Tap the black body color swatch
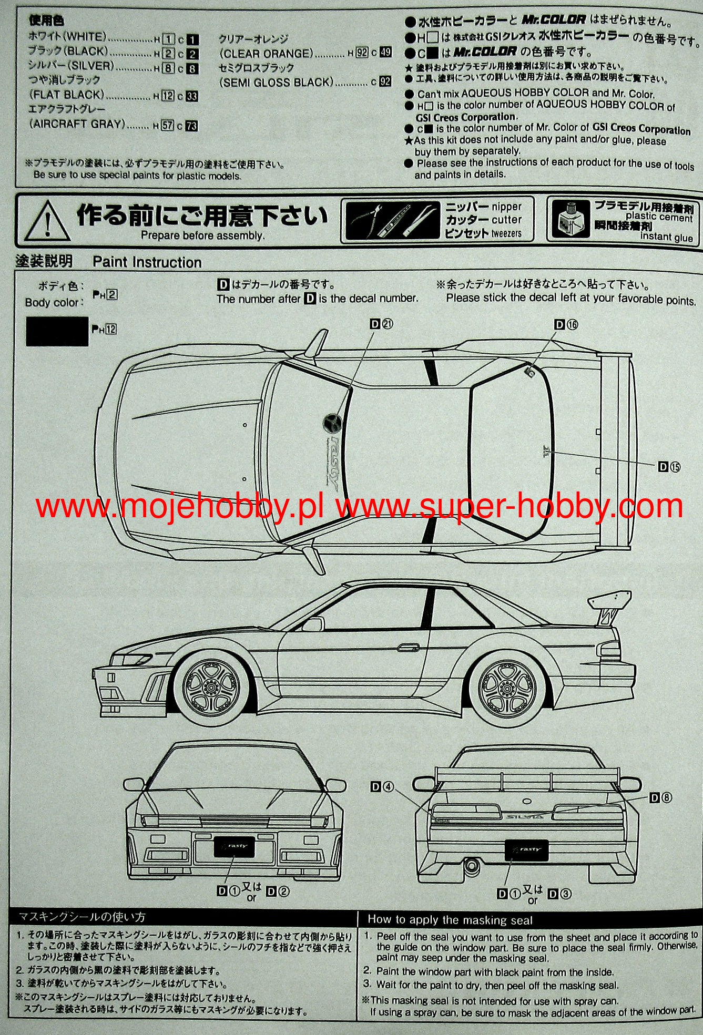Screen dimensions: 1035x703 coord(57,331)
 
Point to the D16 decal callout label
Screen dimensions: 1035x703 coord(566,325)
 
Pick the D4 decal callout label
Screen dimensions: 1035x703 coord(382,786)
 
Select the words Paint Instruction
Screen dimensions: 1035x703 coord(147,262)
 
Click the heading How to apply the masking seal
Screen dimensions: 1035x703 coord(450,920)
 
